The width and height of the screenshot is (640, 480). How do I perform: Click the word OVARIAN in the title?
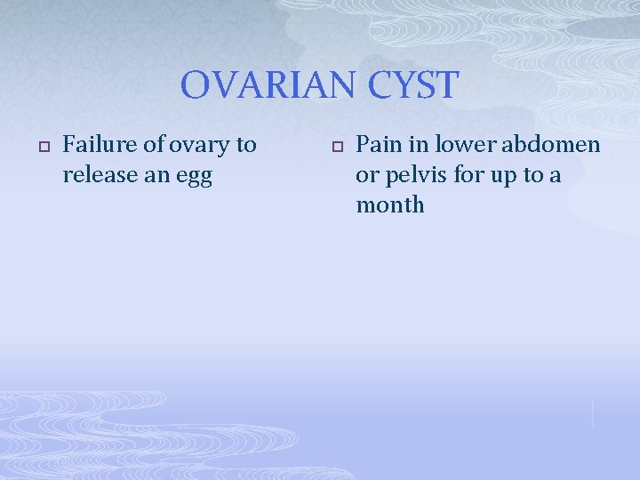(x=259, y=86)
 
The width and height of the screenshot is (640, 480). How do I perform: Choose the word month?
(x=390, y=205)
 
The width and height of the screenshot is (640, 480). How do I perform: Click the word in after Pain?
(x=416, y=144)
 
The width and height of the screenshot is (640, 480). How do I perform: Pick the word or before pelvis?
(x=367, y=175)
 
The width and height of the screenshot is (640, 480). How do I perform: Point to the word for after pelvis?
(x=467, y=175)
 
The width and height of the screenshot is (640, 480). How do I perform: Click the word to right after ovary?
(x=246, y=144)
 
